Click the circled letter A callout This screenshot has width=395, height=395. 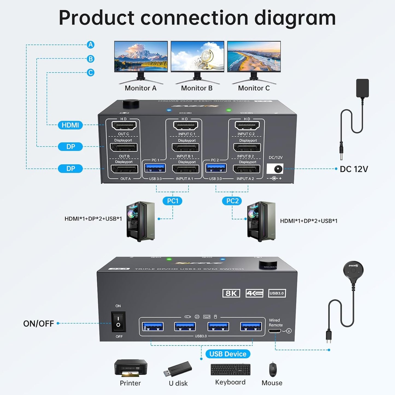90,45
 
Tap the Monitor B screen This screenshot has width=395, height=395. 197,56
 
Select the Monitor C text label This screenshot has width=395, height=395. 254,88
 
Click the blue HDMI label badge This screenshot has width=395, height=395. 70,125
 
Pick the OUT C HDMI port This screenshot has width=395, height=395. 124,126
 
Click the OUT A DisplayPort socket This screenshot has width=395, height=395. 124,169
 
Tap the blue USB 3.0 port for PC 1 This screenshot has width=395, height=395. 155,168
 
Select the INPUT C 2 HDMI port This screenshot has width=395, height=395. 247,126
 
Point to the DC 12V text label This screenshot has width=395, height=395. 354,169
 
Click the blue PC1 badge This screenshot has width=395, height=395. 172,201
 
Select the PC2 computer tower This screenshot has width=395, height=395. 261,221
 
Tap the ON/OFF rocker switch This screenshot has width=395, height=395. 118,321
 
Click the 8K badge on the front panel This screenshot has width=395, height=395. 231,293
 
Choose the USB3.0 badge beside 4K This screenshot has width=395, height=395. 277,293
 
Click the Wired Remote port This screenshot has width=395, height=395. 274,331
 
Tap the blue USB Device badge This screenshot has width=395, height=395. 228,354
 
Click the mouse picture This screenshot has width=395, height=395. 273,370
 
